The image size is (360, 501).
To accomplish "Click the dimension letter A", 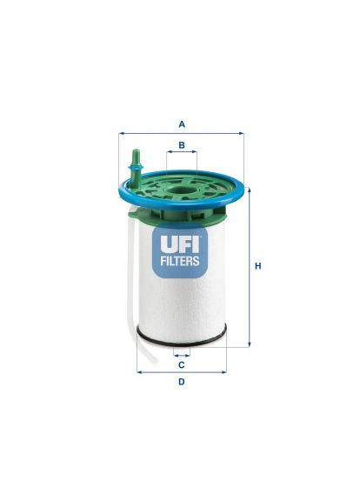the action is [x=182, y=124].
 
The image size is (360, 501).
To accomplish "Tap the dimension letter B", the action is [x=182, y=145].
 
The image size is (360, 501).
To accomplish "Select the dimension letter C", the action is [x=181, y=365].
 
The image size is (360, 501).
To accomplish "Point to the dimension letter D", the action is [x=181, y=382].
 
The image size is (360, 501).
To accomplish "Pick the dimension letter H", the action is [x=257, y=266].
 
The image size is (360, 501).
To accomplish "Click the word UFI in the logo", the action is [x=180, y=244].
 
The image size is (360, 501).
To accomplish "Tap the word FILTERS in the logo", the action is [x=180, y=261].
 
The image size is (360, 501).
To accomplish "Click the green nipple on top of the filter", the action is [x=135, y=166].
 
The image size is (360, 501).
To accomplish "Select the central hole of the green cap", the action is [x=181, y=191].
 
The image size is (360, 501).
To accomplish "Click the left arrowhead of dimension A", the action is [x=121, y=134].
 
